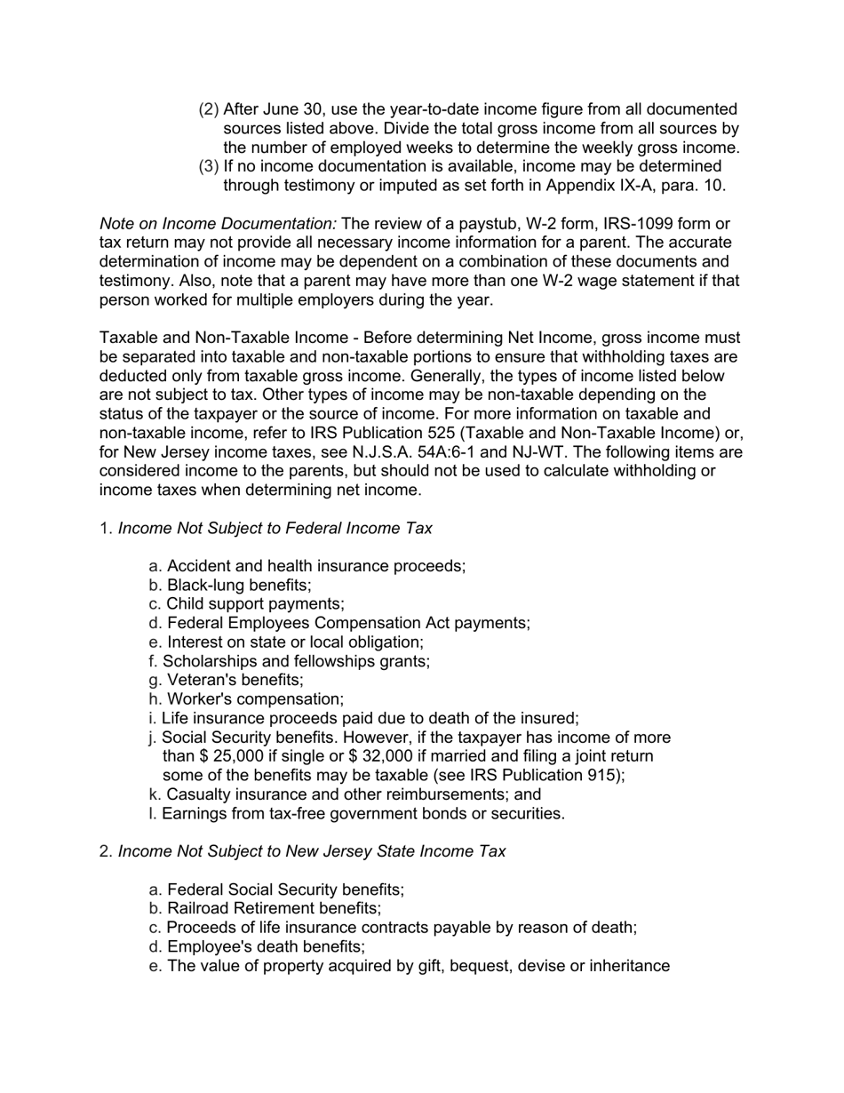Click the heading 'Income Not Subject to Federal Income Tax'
point(275,529)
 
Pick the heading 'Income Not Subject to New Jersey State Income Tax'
point(312,851)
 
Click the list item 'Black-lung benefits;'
point(238,586)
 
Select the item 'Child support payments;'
point(255,604)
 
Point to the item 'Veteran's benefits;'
point(235,681)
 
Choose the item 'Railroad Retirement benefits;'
point(274,909)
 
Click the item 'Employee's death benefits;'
point(266,947)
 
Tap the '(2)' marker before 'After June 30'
point(208,109)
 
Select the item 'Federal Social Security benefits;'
point(285,890)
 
